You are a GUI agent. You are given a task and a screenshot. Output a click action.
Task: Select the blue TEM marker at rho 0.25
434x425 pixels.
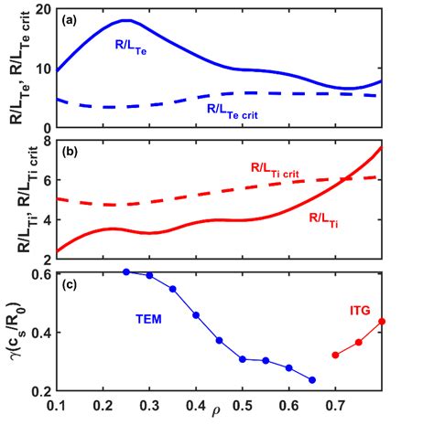click(126, 271)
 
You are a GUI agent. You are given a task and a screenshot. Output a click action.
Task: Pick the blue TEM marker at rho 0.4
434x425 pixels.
click(196, 315)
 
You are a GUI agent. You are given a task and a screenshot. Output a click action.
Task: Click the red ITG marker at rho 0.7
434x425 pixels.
click(335, 355)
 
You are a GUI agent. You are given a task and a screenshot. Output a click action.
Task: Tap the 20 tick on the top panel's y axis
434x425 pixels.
click(44, 8)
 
